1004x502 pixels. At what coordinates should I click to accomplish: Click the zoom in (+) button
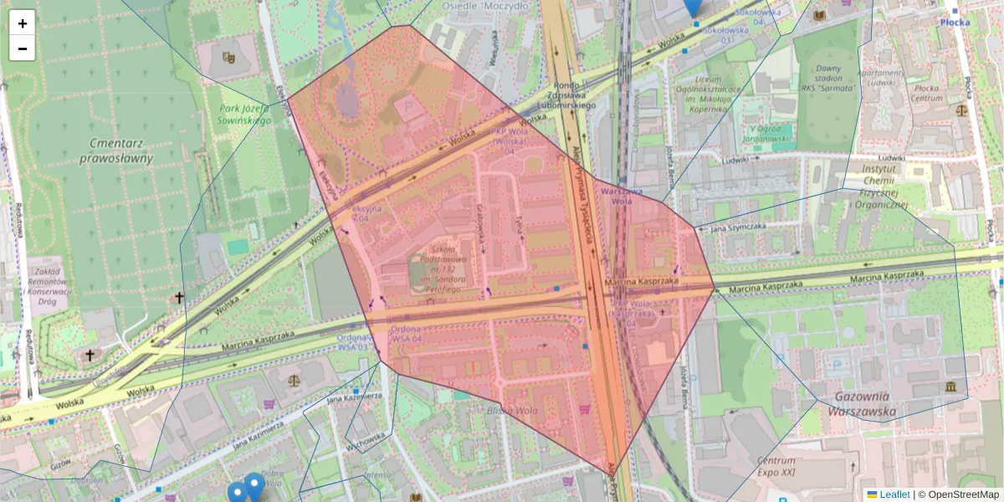point(23,23)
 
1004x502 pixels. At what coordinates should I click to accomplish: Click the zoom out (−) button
point(23,49)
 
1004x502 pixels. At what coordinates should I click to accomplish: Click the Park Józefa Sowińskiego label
point(246,115)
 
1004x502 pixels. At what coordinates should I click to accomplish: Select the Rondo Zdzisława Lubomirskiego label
point(573,95)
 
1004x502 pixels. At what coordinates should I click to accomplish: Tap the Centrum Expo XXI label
point(777,467)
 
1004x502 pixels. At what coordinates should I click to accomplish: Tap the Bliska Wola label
point(511,411)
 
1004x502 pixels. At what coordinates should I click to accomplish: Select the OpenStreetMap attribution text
point(963,494)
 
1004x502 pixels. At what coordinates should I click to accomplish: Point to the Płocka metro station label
point(955,23)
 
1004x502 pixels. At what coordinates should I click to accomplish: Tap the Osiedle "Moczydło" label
point(495,5)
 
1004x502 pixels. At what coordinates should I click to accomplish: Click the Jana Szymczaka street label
point(738,227)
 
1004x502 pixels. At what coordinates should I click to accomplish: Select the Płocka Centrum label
point(926,93)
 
